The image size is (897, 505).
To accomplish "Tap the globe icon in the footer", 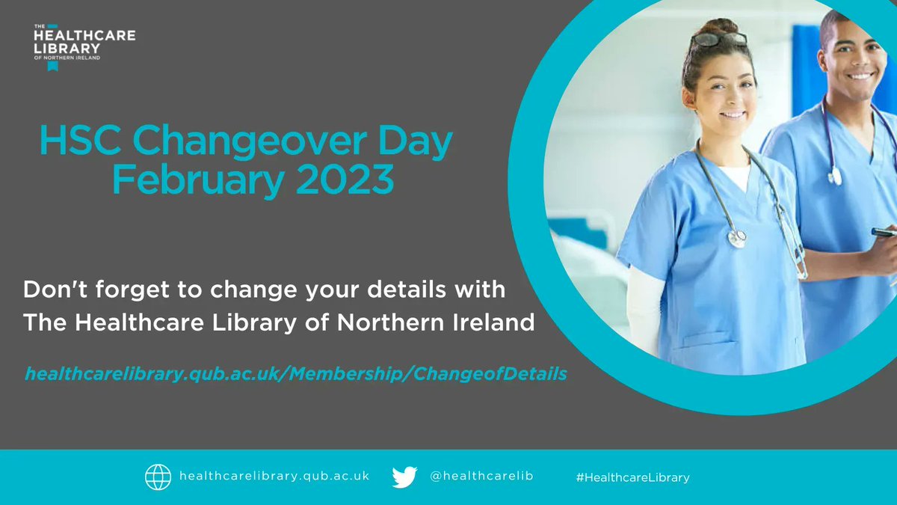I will click(x=157, y=477).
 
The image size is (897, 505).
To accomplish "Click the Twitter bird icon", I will click(x=404, y=477).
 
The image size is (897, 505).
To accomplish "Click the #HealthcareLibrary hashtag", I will click(x=633, y=477).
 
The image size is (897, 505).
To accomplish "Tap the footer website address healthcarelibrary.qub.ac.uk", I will click(x=274, y=477).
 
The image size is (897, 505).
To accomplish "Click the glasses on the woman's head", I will click(x=719, y=39).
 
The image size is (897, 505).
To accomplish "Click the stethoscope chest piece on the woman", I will click(x=737, y=239).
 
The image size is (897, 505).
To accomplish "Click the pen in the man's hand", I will click(x=884, y=233).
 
